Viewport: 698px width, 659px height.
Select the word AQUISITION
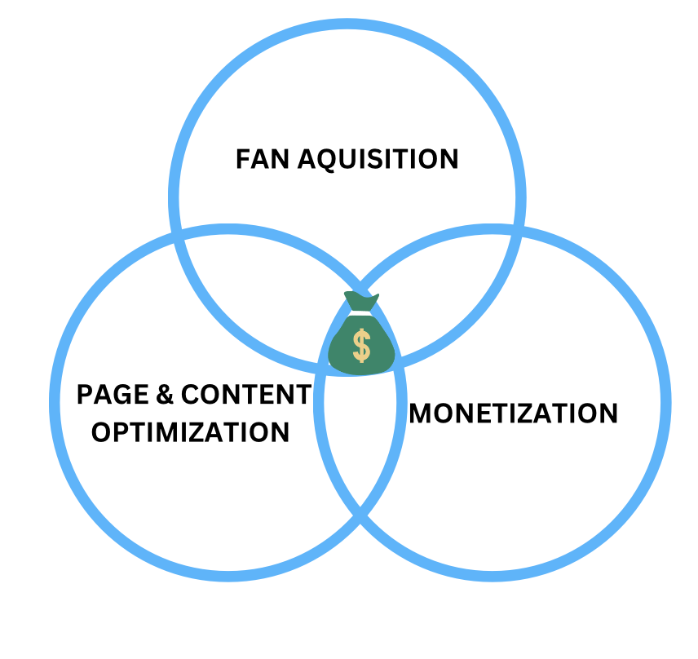378,158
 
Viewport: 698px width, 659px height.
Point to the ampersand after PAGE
166,396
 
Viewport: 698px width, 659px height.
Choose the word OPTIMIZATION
190,431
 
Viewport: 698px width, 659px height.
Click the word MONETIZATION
514,414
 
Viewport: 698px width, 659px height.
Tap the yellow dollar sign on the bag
361,345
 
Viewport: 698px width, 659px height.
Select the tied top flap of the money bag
361,300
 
